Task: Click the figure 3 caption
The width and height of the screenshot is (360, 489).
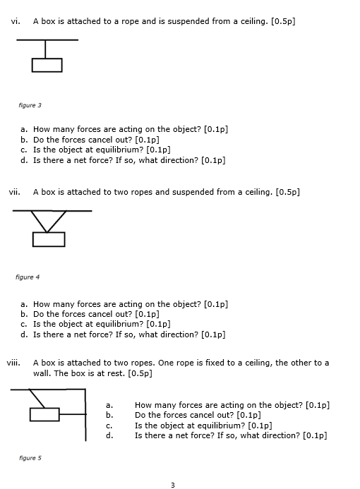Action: [x=30, y=105]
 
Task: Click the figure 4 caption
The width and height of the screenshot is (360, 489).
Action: [x=28, y=277]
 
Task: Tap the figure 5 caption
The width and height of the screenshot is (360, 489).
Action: [x=30, y=458]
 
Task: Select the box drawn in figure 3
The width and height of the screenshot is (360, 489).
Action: [x=47, y=65]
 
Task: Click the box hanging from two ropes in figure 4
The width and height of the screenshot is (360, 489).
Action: [x=49, y=239]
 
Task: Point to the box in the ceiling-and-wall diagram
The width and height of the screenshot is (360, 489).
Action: [x=44, y=414]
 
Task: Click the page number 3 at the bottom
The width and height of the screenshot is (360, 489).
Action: [x=172, y=484]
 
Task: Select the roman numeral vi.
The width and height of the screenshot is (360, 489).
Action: [x=15, y=21]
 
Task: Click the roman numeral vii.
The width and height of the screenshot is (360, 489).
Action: [x=14, y=191]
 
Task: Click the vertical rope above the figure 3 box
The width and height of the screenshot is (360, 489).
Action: [x=47, y=49]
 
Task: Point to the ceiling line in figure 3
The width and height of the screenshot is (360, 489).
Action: [x=47, y=40]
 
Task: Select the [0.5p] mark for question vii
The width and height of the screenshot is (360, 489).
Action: [x=288, y=191]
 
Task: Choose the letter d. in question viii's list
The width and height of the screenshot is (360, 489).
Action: [x=109, y=435]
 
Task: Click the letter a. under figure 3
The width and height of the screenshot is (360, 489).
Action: [x=24, y=130]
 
